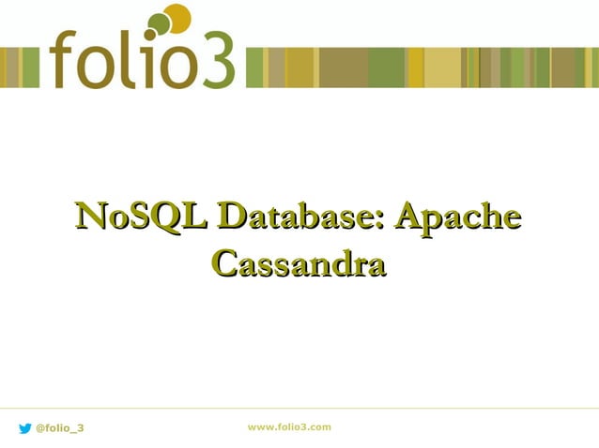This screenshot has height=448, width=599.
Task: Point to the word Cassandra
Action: point(299,262)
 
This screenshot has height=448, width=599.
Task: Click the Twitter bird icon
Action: point(24,428)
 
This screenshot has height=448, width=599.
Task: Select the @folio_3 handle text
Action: point(59,428)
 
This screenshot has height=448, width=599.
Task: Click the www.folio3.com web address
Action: point(289,426)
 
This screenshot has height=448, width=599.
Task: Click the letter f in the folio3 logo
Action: point(67,59)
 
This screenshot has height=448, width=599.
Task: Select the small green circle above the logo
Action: point(160,22)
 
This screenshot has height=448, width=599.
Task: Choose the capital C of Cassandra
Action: point(225,262)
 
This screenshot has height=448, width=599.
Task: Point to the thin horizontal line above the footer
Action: point(299,409)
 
